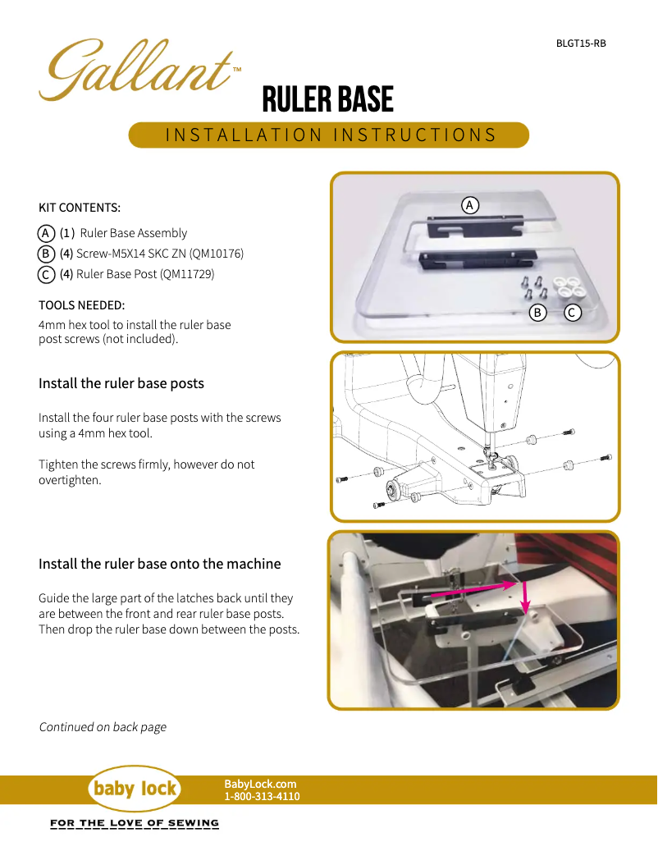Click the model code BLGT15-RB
pos(581,43)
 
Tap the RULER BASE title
pos(327,100)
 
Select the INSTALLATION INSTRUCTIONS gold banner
pos(329,135)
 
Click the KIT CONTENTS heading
pos(80,208)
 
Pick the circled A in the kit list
pos(47,233)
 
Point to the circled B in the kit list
pos(47,254)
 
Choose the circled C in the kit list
pos(47,274)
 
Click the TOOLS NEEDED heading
pos(82,305)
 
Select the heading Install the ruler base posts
pos(121,383)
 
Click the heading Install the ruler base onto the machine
pos(160,564)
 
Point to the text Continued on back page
pos(103,727)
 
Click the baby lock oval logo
pos(134,789)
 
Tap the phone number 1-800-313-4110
pos(262,796)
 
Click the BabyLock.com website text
pos(260,785)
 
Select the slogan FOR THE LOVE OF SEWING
pos(135,823)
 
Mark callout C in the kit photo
pos(573,312)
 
